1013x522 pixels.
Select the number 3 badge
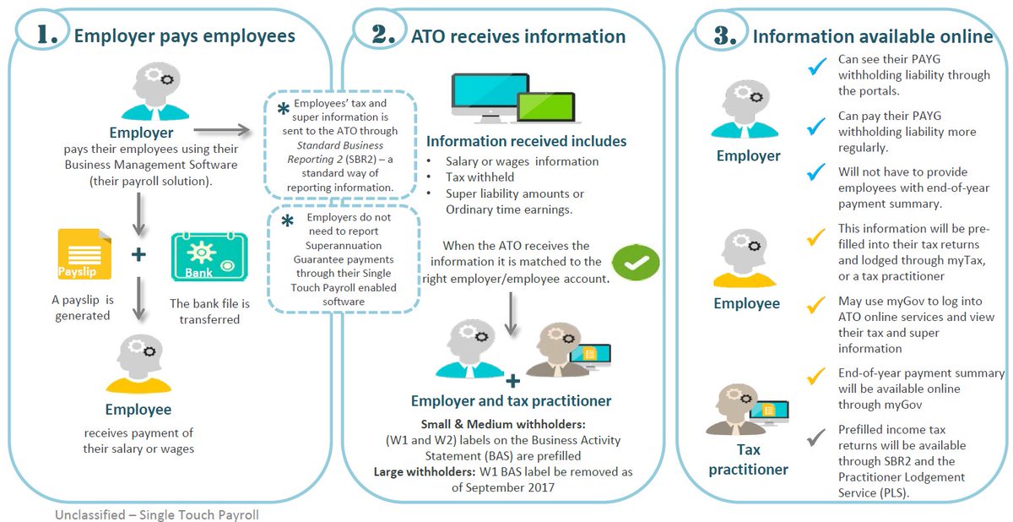click(723, 35)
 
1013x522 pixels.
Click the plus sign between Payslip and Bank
click(138, 254)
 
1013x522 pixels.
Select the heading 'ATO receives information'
click(517, 36)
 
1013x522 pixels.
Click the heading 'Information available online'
click(872, 36)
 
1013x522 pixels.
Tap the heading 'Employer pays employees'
click(184, 36)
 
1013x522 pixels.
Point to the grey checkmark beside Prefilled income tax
click(815, 437)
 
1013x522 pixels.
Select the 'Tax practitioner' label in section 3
click(749, 459)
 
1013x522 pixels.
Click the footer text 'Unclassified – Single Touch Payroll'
click(157, 514)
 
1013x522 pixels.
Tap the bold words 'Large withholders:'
click(423, 471)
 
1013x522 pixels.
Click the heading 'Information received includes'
click(526, 140)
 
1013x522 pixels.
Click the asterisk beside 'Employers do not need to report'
click(288, 221)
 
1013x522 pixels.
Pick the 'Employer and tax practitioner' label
click(511, 400)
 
